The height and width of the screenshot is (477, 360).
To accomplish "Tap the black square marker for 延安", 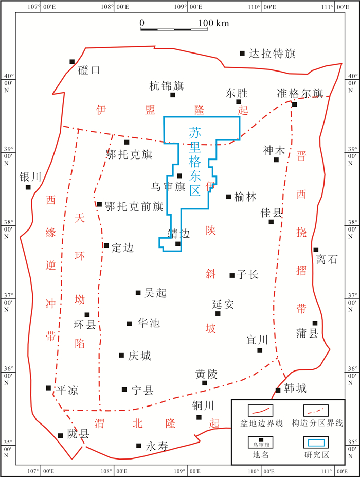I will [x=218, y=313].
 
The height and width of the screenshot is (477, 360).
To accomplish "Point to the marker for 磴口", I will [x=72, y=62].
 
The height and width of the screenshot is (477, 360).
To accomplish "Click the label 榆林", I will [x=245, y=197].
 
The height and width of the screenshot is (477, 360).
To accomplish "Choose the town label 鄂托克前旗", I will [x=134, y=206].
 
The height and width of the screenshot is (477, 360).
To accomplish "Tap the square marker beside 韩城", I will [x=278, y=390].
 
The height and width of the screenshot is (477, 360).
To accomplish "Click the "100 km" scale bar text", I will [x=214, y=23].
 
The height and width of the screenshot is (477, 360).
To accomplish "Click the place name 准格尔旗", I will [x=300, y=93].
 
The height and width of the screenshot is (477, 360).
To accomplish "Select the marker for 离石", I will [x=316, y=250].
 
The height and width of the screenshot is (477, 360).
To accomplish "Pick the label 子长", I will [x=247, y=275].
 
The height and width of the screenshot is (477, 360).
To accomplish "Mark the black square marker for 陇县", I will [x=61, y=435].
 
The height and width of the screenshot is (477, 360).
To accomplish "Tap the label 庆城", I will [x=140, y=356].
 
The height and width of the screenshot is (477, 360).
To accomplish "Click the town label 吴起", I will [x=155, y=293].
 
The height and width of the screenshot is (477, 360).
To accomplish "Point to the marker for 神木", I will [x=276, y=160].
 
